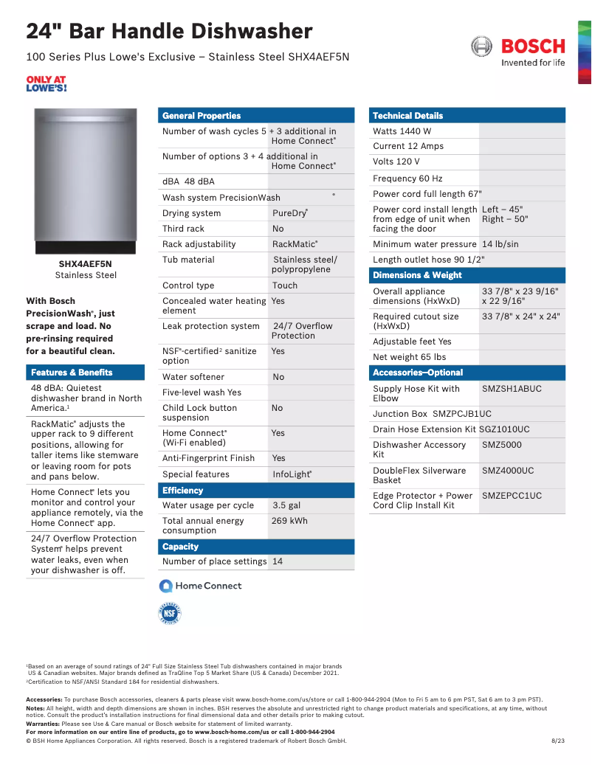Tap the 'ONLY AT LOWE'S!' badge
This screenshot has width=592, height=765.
point(46,83)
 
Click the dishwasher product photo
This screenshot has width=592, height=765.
point(85,180)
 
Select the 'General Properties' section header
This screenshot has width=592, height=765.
point(202,116)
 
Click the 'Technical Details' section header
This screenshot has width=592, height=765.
point(407,116)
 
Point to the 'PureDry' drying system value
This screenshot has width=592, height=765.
point(289,213)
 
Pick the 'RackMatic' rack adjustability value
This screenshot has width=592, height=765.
point(295,244)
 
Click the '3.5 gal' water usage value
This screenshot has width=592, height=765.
point(286,505)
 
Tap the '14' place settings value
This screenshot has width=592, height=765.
point(278,561)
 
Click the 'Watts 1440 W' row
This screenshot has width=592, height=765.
point(402,131)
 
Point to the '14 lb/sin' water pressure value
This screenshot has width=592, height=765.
point(500,244)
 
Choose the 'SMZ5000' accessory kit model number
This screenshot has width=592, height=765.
point(502,445)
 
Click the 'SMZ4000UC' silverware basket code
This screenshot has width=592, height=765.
point(508,471)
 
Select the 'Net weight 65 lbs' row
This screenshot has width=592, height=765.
point(410,357)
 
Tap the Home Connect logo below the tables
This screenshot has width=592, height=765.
point(201,586)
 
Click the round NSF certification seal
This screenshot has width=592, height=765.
point(170,614)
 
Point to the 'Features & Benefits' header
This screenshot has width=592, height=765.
point(72,373)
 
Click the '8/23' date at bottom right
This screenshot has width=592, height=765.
point(558,741)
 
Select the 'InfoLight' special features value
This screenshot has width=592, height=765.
point(292,474)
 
